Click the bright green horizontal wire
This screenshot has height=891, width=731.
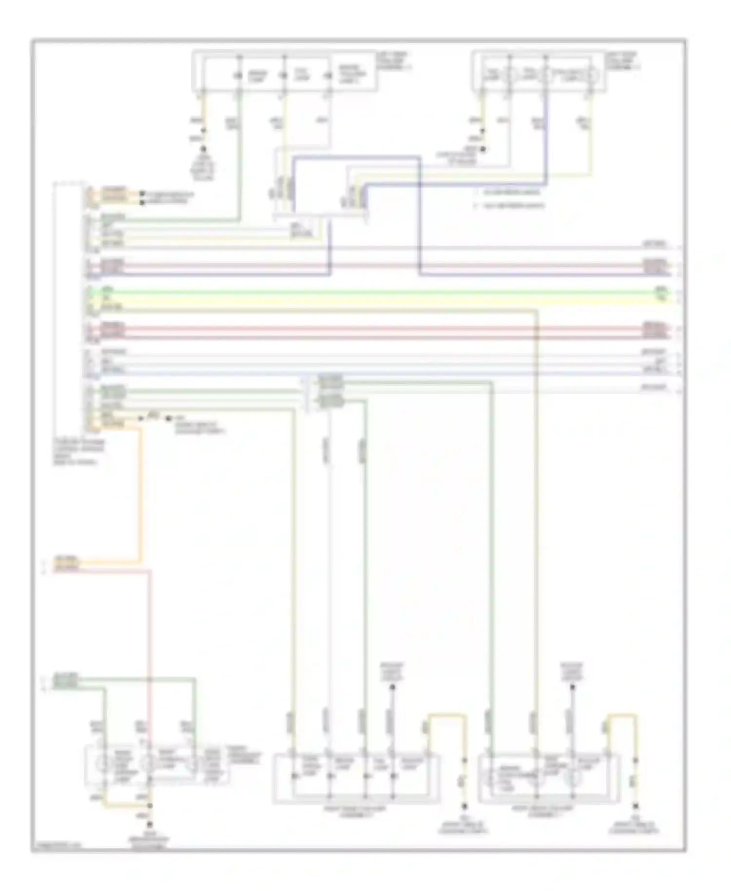click(370, 293)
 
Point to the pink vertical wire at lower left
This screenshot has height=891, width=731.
click(150, 634)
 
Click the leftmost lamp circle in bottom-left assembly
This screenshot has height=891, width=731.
click(103, 765)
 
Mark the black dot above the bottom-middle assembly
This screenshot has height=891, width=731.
click(391, 687)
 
